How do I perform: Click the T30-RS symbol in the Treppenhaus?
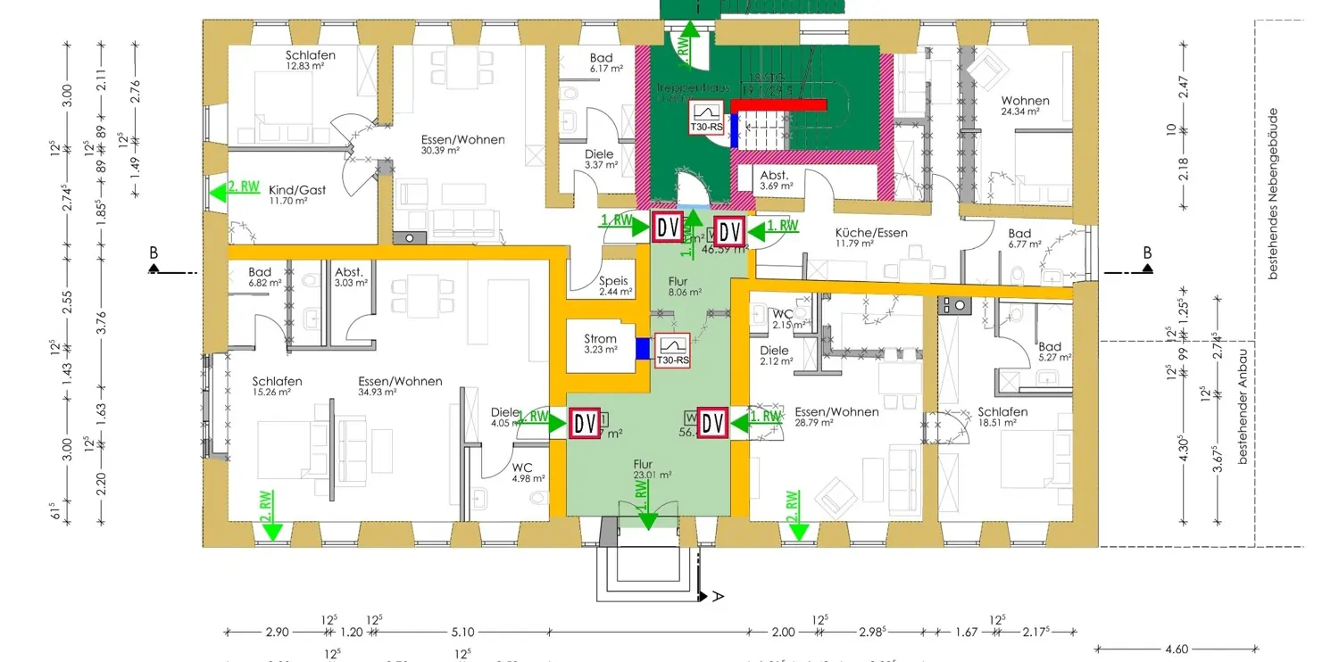click(707, 117)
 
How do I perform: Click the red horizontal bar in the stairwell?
click(779, 104)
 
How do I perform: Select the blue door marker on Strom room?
click(643, 349)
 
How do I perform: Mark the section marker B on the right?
click(1147, 254)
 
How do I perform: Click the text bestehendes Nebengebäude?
click(1275, 194)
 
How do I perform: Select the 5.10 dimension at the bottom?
click(462, 633)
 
